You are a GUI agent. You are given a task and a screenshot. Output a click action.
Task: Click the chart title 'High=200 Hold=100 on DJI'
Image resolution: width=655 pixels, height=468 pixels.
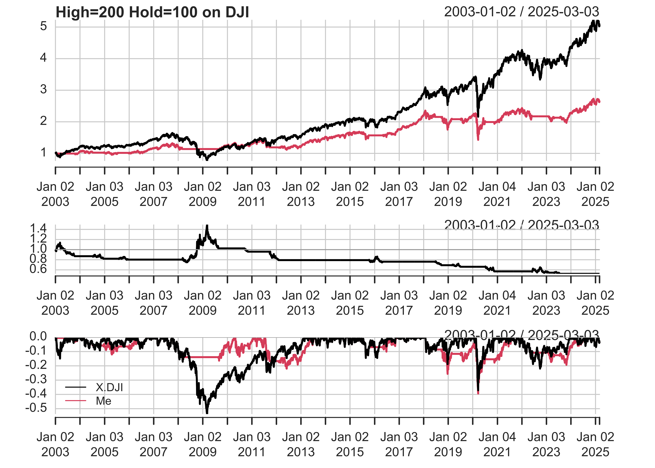[152, 12]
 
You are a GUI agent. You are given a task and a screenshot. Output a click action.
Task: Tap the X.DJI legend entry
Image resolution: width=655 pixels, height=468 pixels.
[109, 387]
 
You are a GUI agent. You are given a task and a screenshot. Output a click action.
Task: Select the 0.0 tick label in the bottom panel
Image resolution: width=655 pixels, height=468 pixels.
[38, 336]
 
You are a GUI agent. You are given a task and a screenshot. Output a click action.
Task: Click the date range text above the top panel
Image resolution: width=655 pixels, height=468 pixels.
[521, 12]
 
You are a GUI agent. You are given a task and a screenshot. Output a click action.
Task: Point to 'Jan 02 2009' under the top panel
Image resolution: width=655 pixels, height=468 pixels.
[203, 194]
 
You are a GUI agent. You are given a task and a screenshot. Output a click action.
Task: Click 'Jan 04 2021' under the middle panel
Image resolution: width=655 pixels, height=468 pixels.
[497, 303]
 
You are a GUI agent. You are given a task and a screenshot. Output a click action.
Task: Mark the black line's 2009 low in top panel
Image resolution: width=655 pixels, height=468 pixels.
[207, 159]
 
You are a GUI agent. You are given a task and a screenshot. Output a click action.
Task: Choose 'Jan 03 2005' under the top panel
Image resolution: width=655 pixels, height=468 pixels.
[105, 194]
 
